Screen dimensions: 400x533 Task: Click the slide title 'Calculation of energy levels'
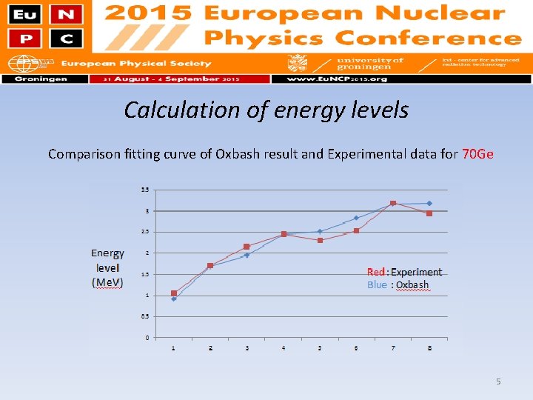click(266, 110)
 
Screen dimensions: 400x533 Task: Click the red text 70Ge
click(477, 154)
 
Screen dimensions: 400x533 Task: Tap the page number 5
click(498, 381)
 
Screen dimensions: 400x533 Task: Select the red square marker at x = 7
click(393, 203)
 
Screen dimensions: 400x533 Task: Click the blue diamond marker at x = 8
click(429, 203)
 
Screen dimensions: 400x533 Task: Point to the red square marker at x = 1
click(174, 293)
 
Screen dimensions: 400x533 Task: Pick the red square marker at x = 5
click(320, 240)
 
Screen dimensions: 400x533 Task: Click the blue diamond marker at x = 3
click(247, 255)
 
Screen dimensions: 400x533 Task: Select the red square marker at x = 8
click(429, 213)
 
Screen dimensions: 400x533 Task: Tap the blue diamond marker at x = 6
click(356, 218)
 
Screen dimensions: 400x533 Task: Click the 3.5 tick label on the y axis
click(145, 190)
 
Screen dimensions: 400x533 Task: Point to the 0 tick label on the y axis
click(147, 338)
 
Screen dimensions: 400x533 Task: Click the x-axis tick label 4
click(284, 348)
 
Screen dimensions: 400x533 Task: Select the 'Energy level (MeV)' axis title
click(107, 268)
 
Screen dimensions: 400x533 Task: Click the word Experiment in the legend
click(416, 273)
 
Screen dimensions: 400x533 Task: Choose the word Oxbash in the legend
click(412, 285)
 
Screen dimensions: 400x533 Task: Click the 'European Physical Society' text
click(135, 64)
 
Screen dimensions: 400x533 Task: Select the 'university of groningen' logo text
click(369, 64)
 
